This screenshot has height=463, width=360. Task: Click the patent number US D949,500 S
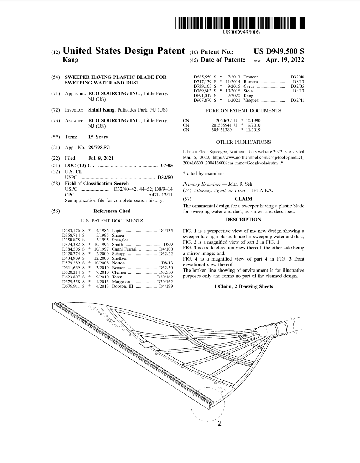click(x=279, y=51)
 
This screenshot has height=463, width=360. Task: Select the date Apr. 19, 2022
click(x=285, y=60)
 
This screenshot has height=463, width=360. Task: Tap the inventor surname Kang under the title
click(x=70, y=60)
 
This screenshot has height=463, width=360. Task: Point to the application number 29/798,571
click(x=100, y=147)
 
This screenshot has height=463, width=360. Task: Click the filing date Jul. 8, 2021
click(x=101, y=158)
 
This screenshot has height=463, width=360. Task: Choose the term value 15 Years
click(x=98, y=137)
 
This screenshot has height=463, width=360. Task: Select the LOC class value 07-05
click(x=166, y=165)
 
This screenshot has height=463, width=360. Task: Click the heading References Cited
click(x=112, y=211)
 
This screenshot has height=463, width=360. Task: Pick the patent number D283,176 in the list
click(x=71, y=231)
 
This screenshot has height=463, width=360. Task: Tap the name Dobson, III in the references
click(x=123, y=286)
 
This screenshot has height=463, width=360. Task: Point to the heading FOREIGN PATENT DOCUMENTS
click(x=243, y=111)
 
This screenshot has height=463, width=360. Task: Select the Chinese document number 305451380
click(x=221, y=130)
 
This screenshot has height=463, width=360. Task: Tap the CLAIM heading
click(x=243, y=199)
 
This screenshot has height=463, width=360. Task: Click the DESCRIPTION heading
click(x=243, y=220)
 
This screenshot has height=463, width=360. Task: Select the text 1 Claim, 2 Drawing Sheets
click(x=243, y=287)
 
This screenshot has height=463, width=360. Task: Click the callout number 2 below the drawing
click(x=219, y=423)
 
